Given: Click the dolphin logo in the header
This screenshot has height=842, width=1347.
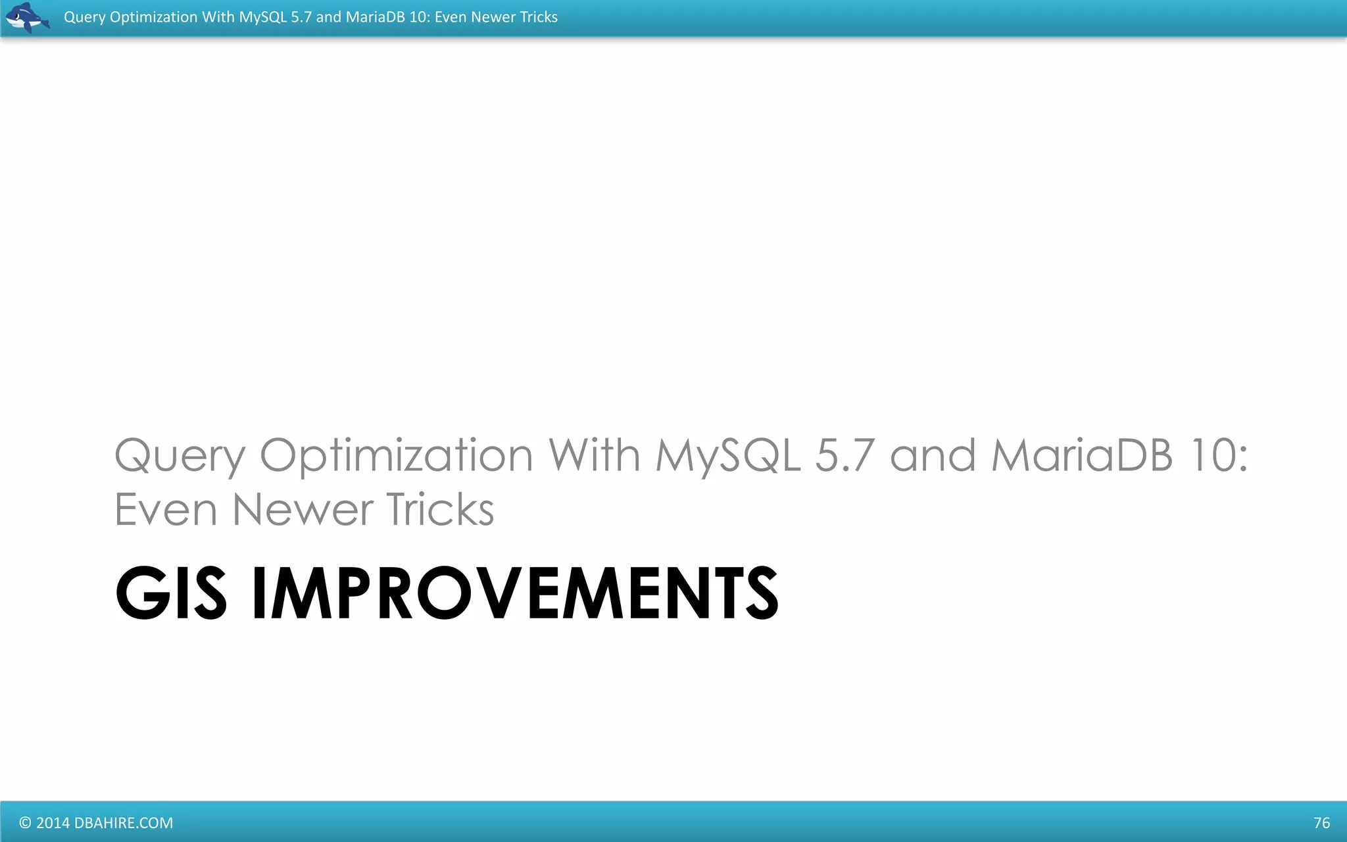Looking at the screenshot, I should (x=26, y=17).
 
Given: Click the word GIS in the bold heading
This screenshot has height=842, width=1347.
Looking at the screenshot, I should (x=171, y=593).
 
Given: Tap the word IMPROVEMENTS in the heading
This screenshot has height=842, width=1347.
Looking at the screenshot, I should (x=515, y=593).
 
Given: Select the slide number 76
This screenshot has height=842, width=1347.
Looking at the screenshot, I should (x=1321, y=823).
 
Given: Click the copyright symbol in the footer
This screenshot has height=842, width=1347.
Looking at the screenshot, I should (x=25, y=823).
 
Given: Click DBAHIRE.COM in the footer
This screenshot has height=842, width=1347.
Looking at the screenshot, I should (x=124, y=823).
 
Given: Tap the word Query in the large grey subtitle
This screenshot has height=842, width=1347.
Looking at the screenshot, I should (x=180, y=456).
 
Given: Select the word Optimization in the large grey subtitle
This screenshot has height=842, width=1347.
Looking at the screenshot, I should (x=396, y=456).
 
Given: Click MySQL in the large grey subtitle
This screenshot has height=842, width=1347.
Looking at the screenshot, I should (x=727, y=456).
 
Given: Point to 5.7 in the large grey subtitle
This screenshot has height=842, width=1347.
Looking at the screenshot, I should (x=845, y=456).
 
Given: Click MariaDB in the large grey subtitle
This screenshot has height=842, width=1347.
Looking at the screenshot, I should (x=1082, y=456).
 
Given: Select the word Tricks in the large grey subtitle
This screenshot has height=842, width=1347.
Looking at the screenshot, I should (x=439, y=510).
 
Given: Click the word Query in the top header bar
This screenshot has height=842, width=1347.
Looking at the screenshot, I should (x=84, y=17).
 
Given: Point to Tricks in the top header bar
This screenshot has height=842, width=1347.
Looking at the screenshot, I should (x=538, y=17).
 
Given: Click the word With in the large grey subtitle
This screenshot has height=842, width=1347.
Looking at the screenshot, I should (x=594, y=456).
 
